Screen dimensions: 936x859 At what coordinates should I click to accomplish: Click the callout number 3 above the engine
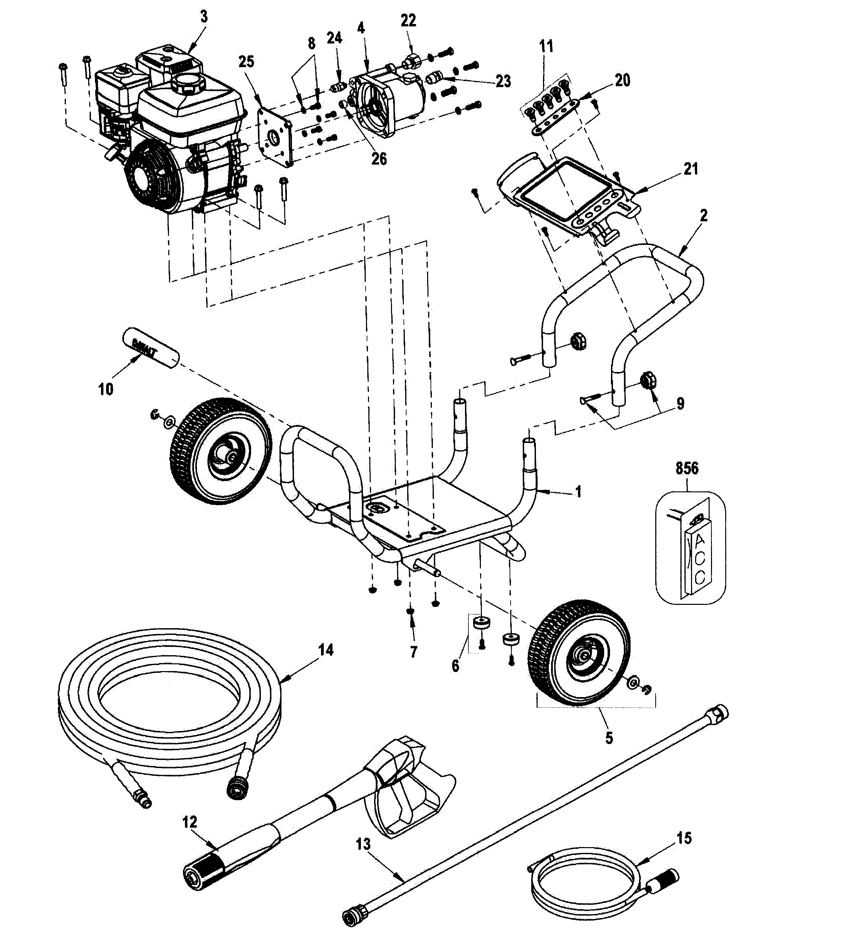(x=203, y=17)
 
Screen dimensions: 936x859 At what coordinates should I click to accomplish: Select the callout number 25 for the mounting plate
(x=246, y=61)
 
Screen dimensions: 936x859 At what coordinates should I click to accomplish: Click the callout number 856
(x=687, y=468)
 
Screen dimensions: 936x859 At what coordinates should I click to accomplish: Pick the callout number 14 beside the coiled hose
(x=325, y=650)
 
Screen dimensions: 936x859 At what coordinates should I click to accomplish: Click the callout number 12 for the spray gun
(x=190, y=822)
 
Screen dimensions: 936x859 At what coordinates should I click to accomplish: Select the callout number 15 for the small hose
(x=684, y=838)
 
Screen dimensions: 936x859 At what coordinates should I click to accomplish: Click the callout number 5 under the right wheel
(x=609, y=738)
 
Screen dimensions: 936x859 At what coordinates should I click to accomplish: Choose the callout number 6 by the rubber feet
(x=455, y=666)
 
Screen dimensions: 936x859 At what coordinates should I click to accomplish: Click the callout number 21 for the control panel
(x=691, y=169)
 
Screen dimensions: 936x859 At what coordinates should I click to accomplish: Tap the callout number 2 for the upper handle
(x=703, y=215)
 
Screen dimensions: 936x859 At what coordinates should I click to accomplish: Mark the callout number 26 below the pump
(x=379, y=159)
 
